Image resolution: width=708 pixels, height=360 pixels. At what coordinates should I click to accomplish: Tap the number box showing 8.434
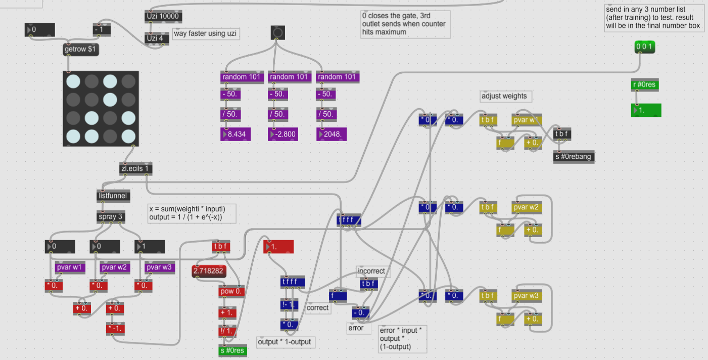pos(235,134)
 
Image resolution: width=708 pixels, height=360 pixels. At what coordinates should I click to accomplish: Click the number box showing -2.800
pos(283,134)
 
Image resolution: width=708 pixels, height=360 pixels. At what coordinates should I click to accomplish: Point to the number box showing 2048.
pos(332,134)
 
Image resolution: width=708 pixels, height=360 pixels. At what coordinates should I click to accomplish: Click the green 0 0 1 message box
pos(645,47)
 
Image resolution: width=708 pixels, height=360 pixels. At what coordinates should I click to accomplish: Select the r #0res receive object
pos(644,84)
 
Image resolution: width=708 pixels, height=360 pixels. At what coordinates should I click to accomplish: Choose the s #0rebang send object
pos(574,157)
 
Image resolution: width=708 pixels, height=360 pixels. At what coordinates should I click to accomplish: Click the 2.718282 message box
pos(208,272)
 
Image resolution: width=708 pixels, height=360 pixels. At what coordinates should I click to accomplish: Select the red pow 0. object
pos(231,291)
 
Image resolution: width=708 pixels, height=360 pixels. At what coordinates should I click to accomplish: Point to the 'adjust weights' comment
pos(506,96)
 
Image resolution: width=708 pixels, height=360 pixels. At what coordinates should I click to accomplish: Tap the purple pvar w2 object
pos(115,267)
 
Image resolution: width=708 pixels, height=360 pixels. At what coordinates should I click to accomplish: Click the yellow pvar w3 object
pos(527,296)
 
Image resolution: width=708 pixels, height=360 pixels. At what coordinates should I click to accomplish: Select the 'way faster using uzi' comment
pos(205,34)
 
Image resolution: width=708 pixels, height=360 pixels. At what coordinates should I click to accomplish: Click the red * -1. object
pos(115,329)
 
